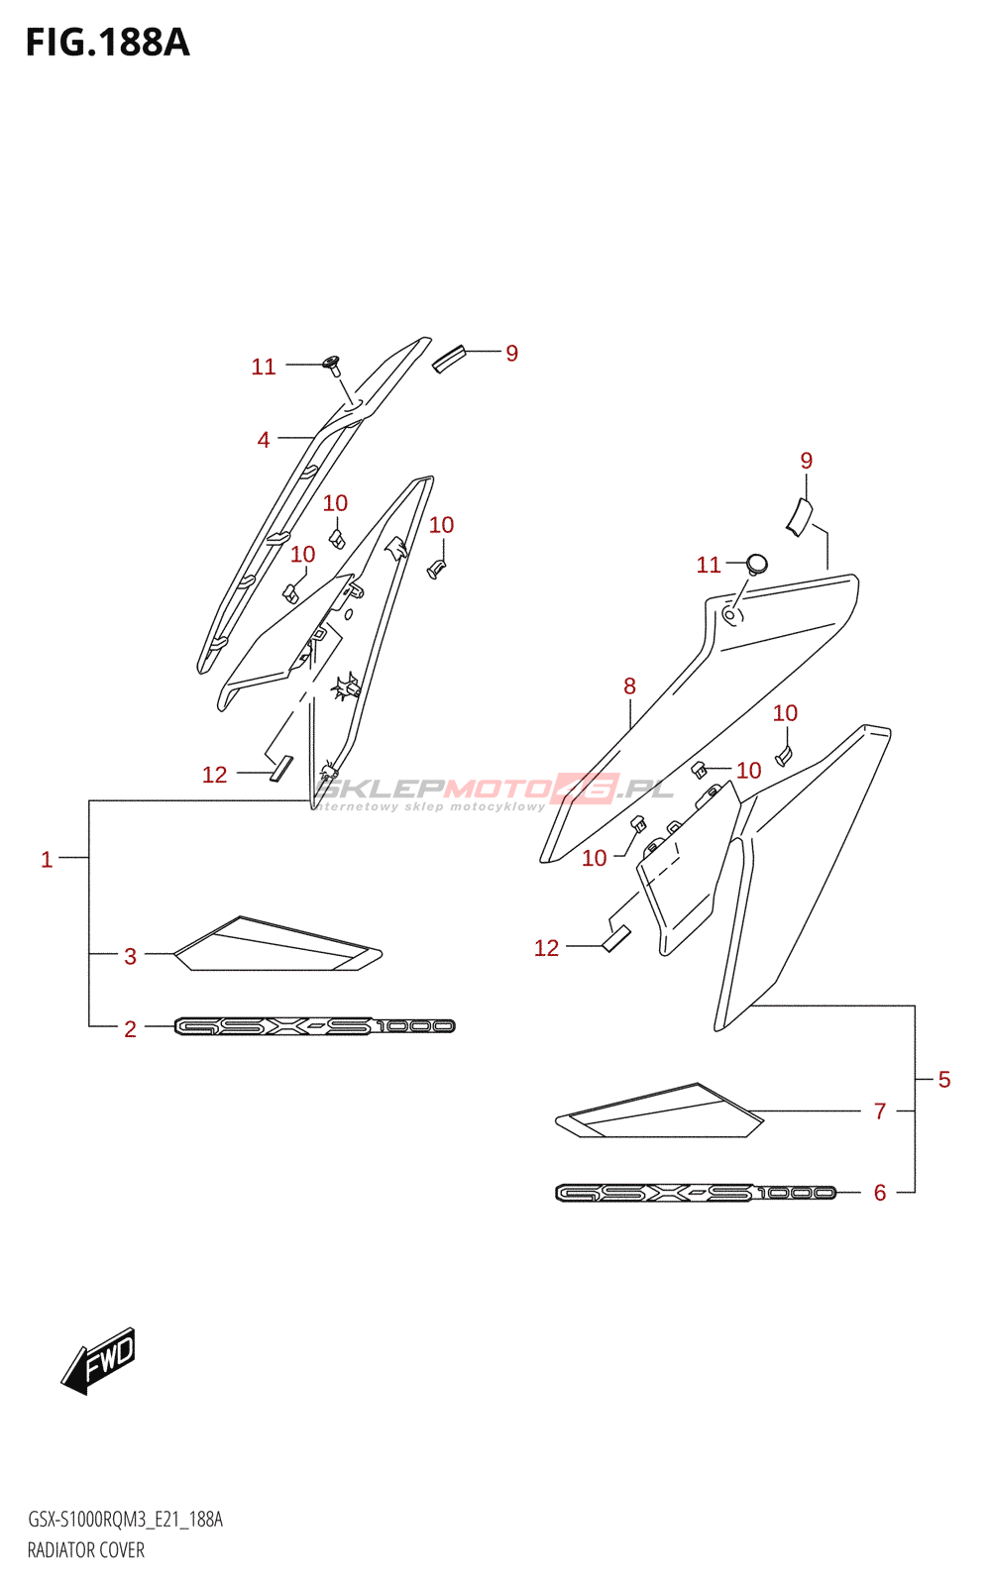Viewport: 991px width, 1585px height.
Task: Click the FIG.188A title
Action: (107, 43)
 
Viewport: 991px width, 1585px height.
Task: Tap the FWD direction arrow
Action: (99, 1361)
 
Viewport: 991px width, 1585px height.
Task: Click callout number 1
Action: (47, 859)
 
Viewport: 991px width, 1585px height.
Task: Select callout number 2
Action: (130, 1029)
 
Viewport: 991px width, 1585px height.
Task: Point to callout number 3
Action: (130, 956)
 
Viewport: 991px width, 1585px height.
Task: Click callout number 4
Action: (264, 439)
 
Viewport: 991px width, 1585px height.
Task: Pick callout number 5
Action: (943, 1079)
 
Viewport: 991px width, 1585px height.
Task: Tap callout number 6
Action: (879, 1193)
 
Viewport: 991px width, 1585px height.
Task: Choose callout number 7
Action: (879, 1111)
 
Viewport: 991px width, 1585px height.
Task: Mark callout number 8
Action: (629, 686)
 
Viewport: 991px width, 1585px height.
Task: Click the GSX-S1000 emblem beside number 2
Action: (314, 1026)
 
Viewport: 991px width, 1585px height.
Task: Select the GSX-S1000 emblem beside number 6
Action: (695, 1193)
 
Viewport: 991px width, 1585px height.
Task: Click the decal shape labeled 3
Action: (277, 946)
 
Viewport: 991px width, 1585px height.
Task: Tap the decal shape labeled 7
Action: (659, 1113)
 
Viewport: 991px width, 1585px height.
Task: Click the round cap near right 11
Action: (756, 565)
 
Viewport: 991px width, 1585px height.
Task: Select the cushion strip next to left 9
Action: (449, 358)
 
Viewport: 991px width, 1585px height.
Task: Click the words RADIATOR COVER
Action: (86, 1550)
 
